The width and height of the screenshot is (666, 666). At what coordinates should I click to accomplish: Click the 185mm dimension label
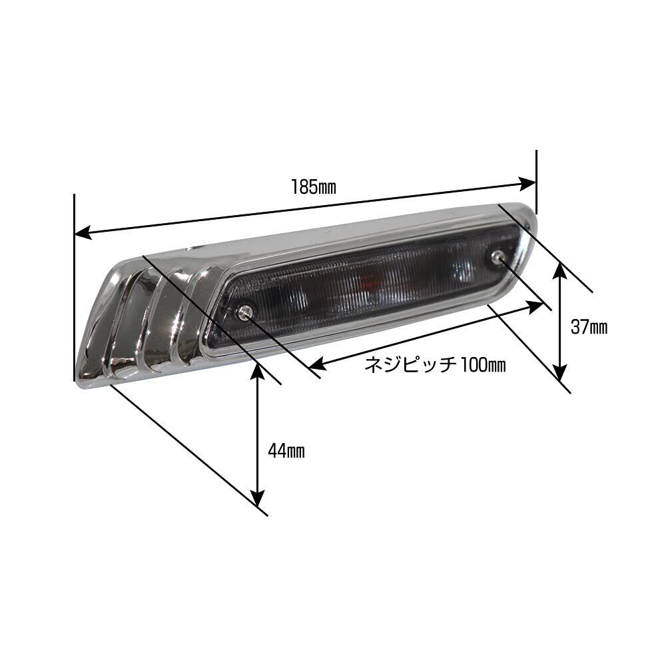pyautogui.click(x=314, y=187)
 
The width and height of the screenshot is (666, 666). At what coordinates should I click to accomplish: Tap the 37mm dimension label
pyautogui.click(x=589, y=327)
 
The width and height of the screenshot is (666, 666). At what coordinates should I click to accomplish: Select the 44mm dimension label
pyautogui.click(x=286, y=451)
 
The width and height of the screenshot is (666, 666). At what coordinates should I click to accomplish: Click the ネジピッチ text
pyautogui.click(x=410, y=364)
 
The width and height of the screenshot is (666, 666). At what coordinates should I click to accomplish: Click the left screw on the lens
pyautogui.click(x=245, y=312)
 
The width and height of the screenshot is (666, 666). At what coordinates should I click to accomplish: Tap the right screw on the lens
pyautogui.click(x=497, y=256)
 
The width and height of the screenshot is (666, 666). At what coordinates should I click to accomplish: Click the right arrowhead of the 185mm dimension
pyautogui.click(x=527, y=184)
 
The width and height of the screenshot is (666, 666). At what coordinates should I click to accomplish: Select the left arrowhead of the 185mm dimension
pyautogui.click(x=83, y=232)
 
